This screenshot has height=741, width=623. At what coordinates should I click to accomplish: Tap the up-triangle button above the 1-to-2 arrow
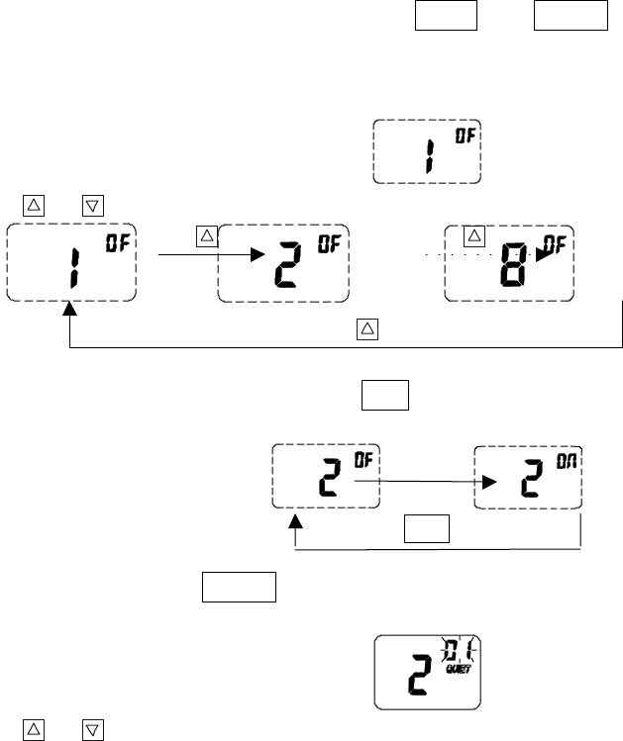[x=205, y=234]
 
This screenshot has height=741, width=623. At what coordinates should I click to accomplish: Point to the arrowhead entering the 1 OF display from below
[x=67, y=311]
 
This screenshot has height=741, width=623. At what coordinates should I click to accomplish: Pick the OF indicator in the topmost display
[x=465, y=137]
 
